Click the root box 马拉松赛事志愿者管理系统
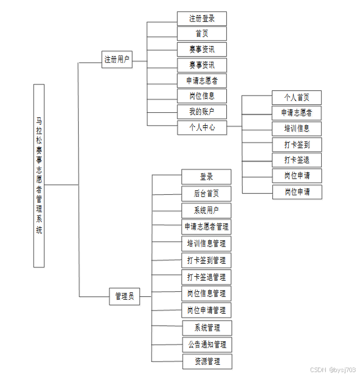coord(39,176)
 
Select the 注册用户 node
coord(117,59)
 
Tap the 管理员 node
coord(124,296)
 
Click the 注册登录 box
coord(202,19)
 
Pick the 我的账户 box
coord(202,112)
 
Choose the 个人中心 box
coord(202,127)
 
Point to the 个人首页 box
coord(297,97)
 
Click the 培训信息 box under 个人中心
coord(297,129)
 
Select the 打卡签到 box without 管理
coord(297,144)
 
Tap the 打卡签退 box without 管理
coord(297,159)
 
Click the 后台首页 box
coord(206,194)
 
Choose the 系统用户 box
coord(206,210)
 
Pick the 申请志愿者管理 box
coord(206,227)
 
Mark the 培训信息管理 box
coord(206,244)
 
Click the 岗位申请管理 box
coord(206,310)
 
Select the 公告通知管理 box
coord(207,344)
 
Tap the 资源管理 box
coord(207,361)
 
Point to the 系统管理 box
coord(207,328)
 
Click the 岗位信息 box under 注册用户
coord(202,96)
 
